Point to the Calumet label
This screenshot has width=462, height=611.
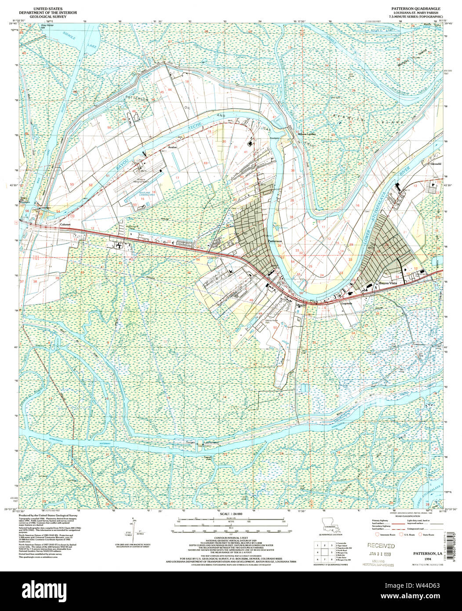(x=65, y=224)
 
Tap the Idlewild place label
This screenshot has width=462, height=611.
(x=301, y=305)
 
